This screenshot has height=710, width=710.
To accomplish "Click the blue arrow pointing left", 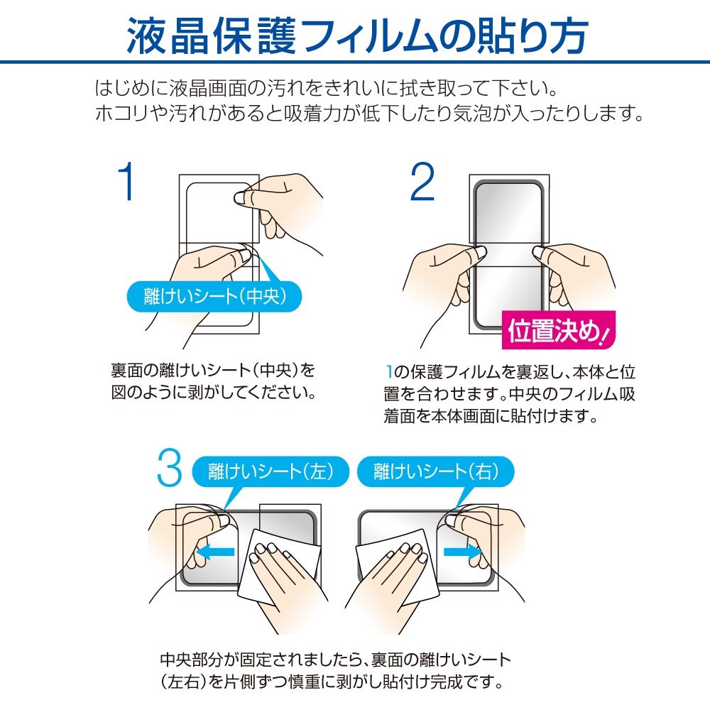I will pos(216,551).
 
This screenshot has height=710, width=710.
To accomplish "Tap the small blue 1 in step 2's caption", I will pos(389,371).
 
